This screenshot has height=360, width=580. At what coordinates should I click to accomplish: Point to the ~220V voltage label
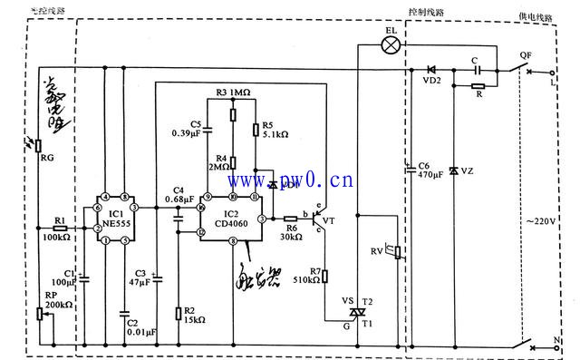[x=542, y=221]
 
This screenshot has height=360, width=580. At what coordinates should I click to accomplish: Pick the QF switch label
[x=526, y=54]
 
